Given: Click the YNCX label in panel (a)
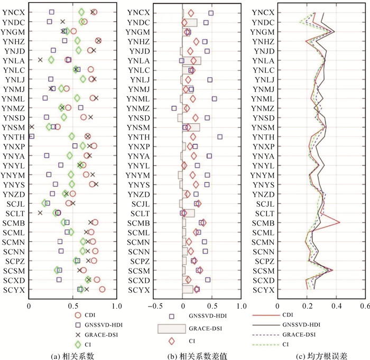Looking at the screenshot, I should [x=13, y=12].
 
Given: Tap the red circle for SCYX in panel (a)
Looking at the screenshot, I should [x=102, y=289].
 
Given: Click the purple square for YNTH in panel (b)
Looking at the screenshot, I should [x=220, y=136].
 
